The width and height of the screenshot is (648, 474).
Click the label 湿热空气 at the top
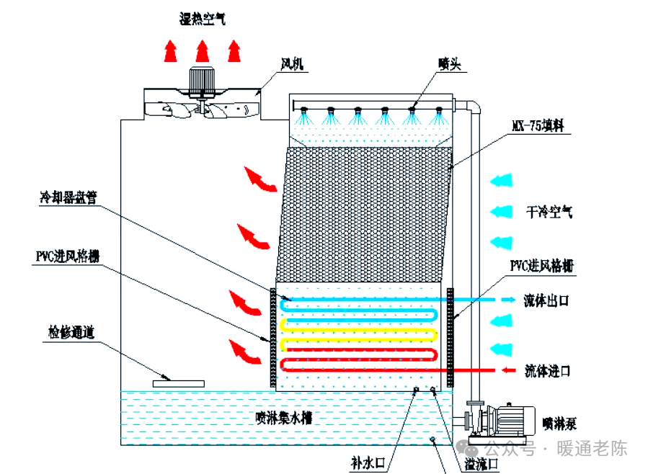pyautogui.click(x=203, y=19)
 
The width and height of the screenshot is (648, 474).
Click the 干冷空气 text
pyautogui.click(x=549, y=213)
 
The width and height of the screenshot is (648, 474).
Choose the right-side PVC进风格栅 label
pyautogui.click(x=542, y=266)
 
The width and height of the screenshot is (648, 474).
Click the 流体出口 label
pyautogui.click(x=546, y=300)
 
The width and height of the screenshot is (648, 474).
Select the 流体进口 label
pyautogui.click(x=548, y=370)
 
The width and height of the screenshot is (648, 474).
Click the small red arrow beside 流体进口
pyautogui.click(x=508, y=370)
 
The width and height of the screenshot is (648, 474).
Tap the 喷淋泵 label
pyautogui.click(x=559, y=424)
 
